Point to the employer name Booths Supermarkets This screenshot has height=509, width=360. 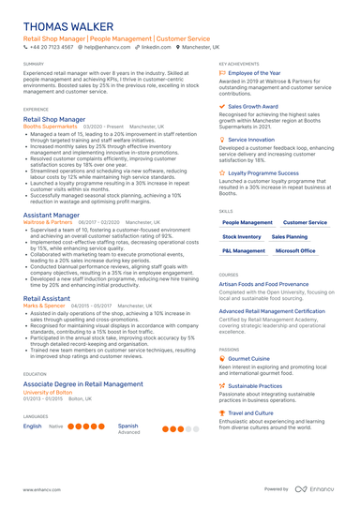coord(54,127)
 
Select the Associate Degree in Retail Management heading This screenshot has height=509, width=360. coord(82,383)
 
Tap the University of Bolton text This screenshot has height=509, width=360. coord(51,391)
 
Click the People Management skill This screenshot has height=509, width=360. coord(247,223)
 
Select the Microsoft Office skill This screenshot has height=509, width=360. coord(295,251)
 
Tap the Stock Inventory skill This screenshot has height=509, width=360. coord(242,237)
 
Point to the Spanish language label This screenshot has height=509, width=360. coord(128,425)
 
